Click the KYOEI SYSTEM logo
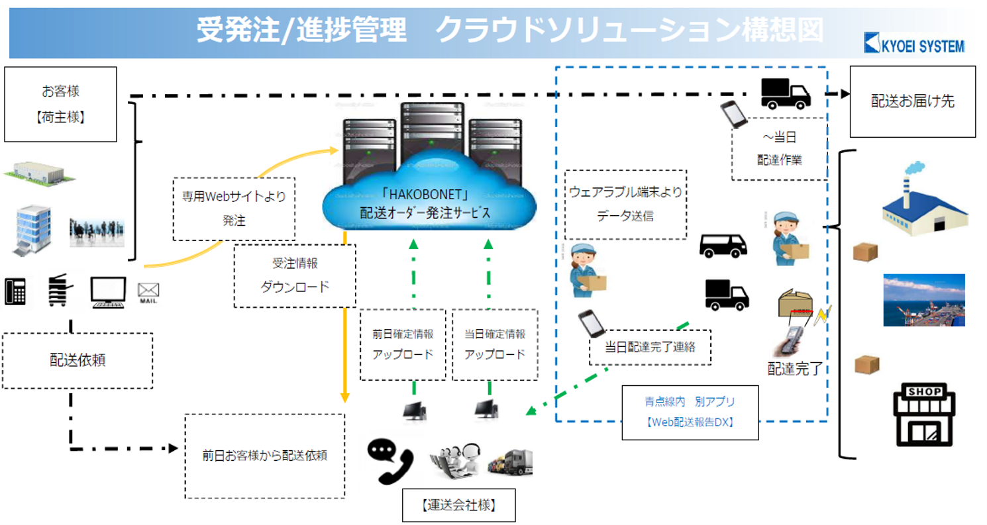click(914, 45)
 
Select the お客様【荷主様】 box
click(60, 104)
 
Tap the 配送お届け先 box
click(912, 101)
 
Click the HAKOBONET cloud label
click(429, 205)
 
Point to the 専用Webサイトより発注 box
click(234, 209)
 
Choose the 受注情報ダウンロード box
click(295, 275)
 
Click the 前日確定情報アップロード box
click(403, 344)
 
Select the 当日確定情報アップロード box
click(495, 344)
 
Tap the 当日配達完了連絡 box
click(650, 347)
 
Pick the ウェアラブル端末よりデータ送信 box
click(625, 204)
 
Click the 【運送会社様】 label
click(458, 506)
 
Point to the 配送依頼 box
click(78, 360)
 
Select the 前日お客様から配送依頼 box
click(264, 455)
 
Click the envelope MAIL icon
click(148, 291)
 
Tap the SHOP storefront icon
click(926, 416)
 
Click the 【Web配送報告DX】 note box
click(690, 412)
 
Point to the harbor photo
click(923, 300)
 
